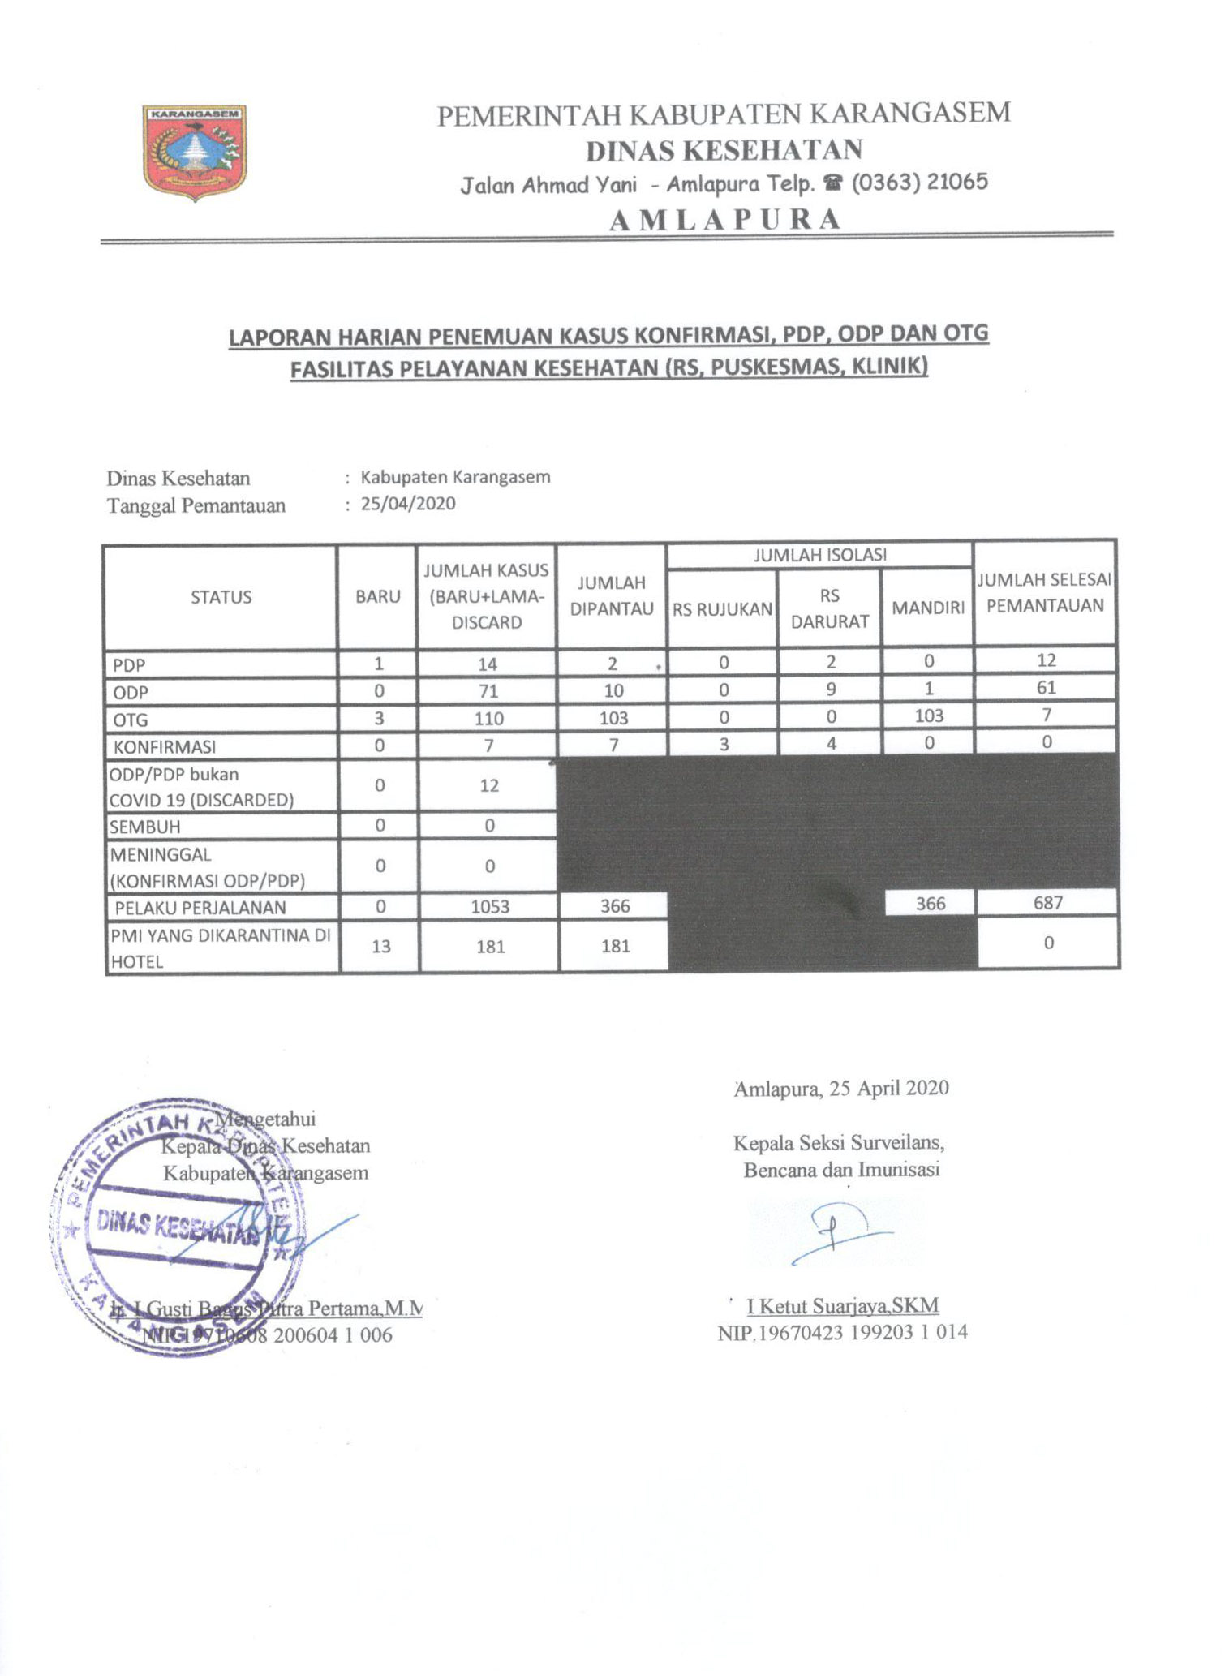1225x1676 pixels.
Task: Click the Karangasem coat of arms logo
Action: click(x=195, y=152)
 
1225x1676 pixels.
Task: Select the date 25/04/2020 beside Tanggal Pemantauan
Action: click(x=408, y=503)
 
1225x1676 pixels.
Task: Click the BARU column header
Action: click(x=378, y=596)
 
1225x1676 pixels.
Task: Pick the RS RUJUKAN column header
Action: click(x=722, y=609)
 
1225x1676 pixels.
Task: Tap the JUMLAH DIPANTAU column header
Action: click(x=612, y=595)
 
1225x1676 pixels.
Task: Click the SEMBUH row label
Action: click(x=145, y=827)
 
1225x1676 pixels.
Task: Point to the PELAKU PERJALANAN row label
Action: click(x=200, y=907)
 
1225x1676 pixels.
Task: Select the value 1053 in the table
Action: click(x=490, y=906)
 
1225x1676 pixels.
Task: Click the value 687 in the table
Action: click(x=1047, y=902)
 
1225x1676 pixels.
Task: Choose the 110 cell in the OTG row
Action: click(x=489, y=718)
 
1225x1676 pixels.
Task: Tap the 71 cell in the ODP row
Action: click(x=488, y=691)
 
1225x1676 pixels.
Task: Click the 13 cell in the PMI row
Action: click(x=380, y=946)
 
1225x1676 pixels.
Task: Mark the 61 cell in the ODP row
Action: click(x=1047, y=688)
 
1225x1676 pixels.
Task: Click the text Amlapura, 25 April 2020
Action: click(x=841, y=1088)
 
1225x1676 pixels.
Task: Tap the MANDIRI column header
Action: click(x=928, y=608)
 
